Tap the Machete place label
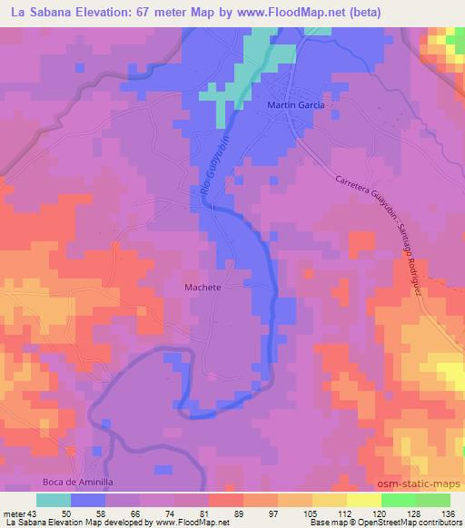(203, 286)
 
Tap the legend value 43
(34, 513)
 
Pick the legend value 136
(449, 513)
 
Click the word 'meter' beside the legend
(15, 513)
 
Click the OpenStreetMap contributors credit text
(409, 523)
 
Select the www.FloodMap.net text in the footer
(193, 523)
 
